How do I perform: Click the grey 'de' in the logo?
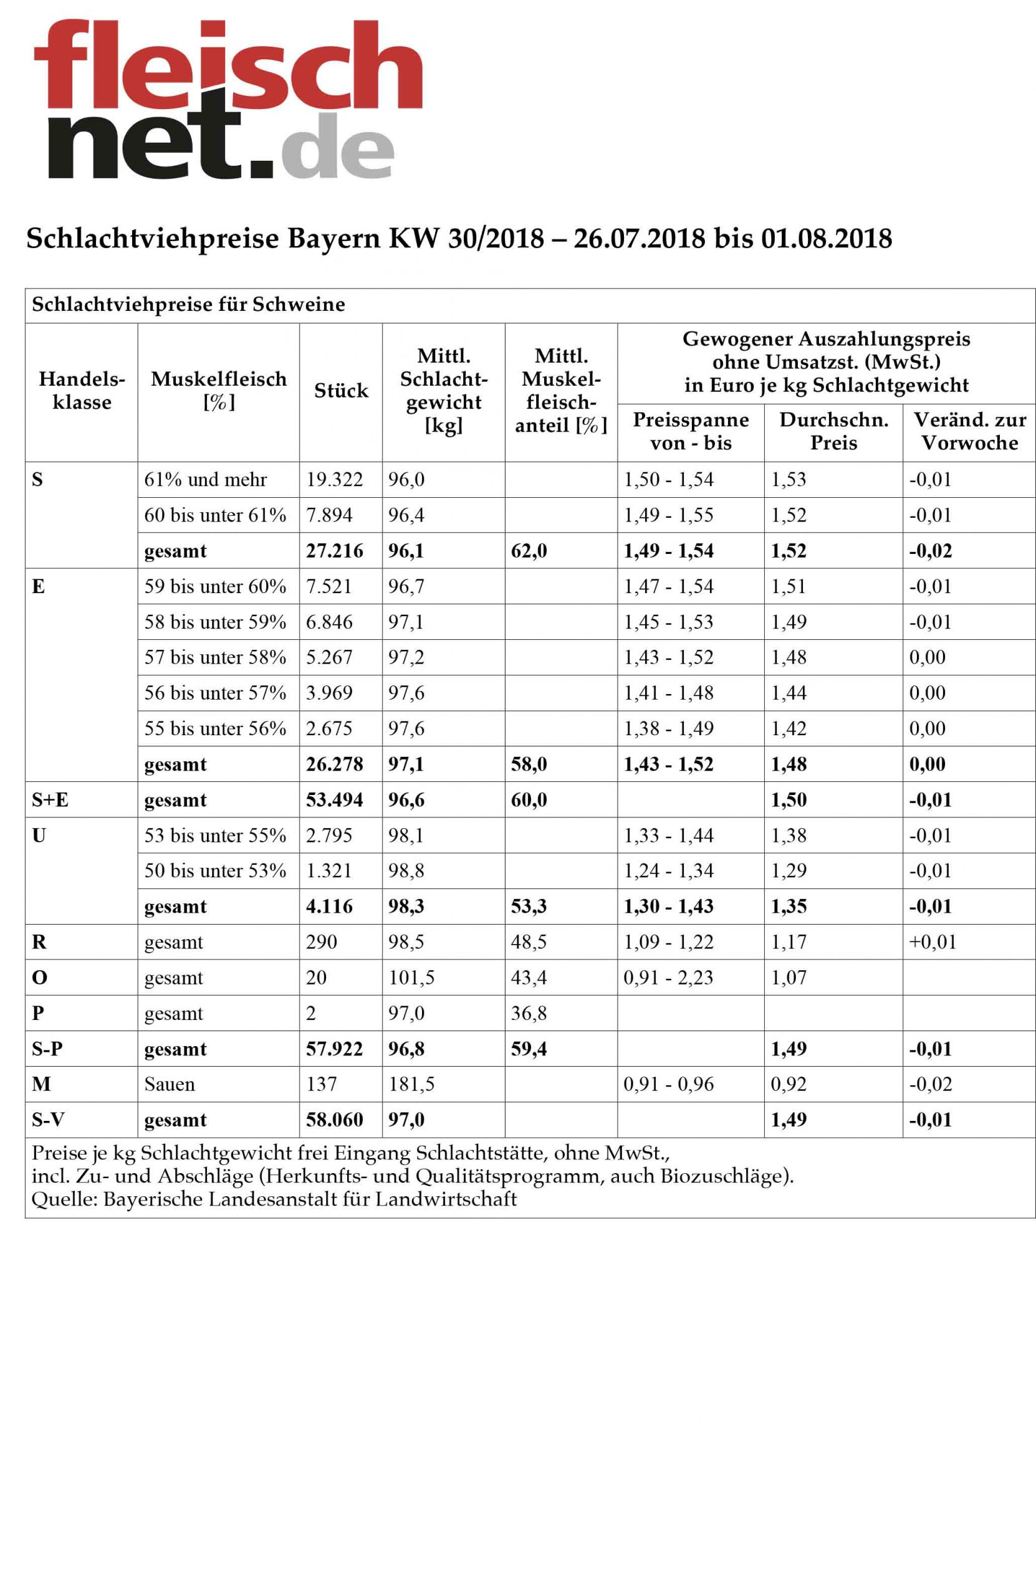[337, 145]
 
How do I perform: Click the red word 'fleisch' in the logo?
[228, 65]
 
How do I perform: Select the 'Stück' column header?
[340, 391]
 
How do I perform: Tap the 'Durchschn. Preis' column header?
[833, 431]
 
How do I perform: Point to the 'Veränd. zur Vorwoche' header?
[969, 431]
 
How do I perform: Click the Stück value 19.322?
[334, 479]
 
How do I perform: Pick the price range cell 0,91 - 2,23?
[668, 977]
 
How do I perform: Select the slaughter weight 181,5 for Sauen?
[411, 1083]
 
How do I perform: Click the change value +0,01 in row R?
[932, 941]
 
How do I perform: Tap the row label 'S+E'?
[50, 799]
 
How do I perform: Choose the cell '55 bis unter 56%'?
[215, 728]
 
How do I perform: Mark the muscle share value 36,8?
[529, 1012]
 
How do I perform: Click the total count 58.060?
[334, 1119]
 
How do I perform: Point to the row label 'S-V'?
[48, 1119]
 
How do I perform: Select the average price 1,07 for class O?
[788, 977]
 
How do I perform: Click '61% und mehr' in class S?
[205, 479]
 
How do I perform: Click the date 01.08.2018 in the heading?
[825, 239]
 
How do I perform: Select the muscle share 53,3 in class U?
[529, 906]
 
